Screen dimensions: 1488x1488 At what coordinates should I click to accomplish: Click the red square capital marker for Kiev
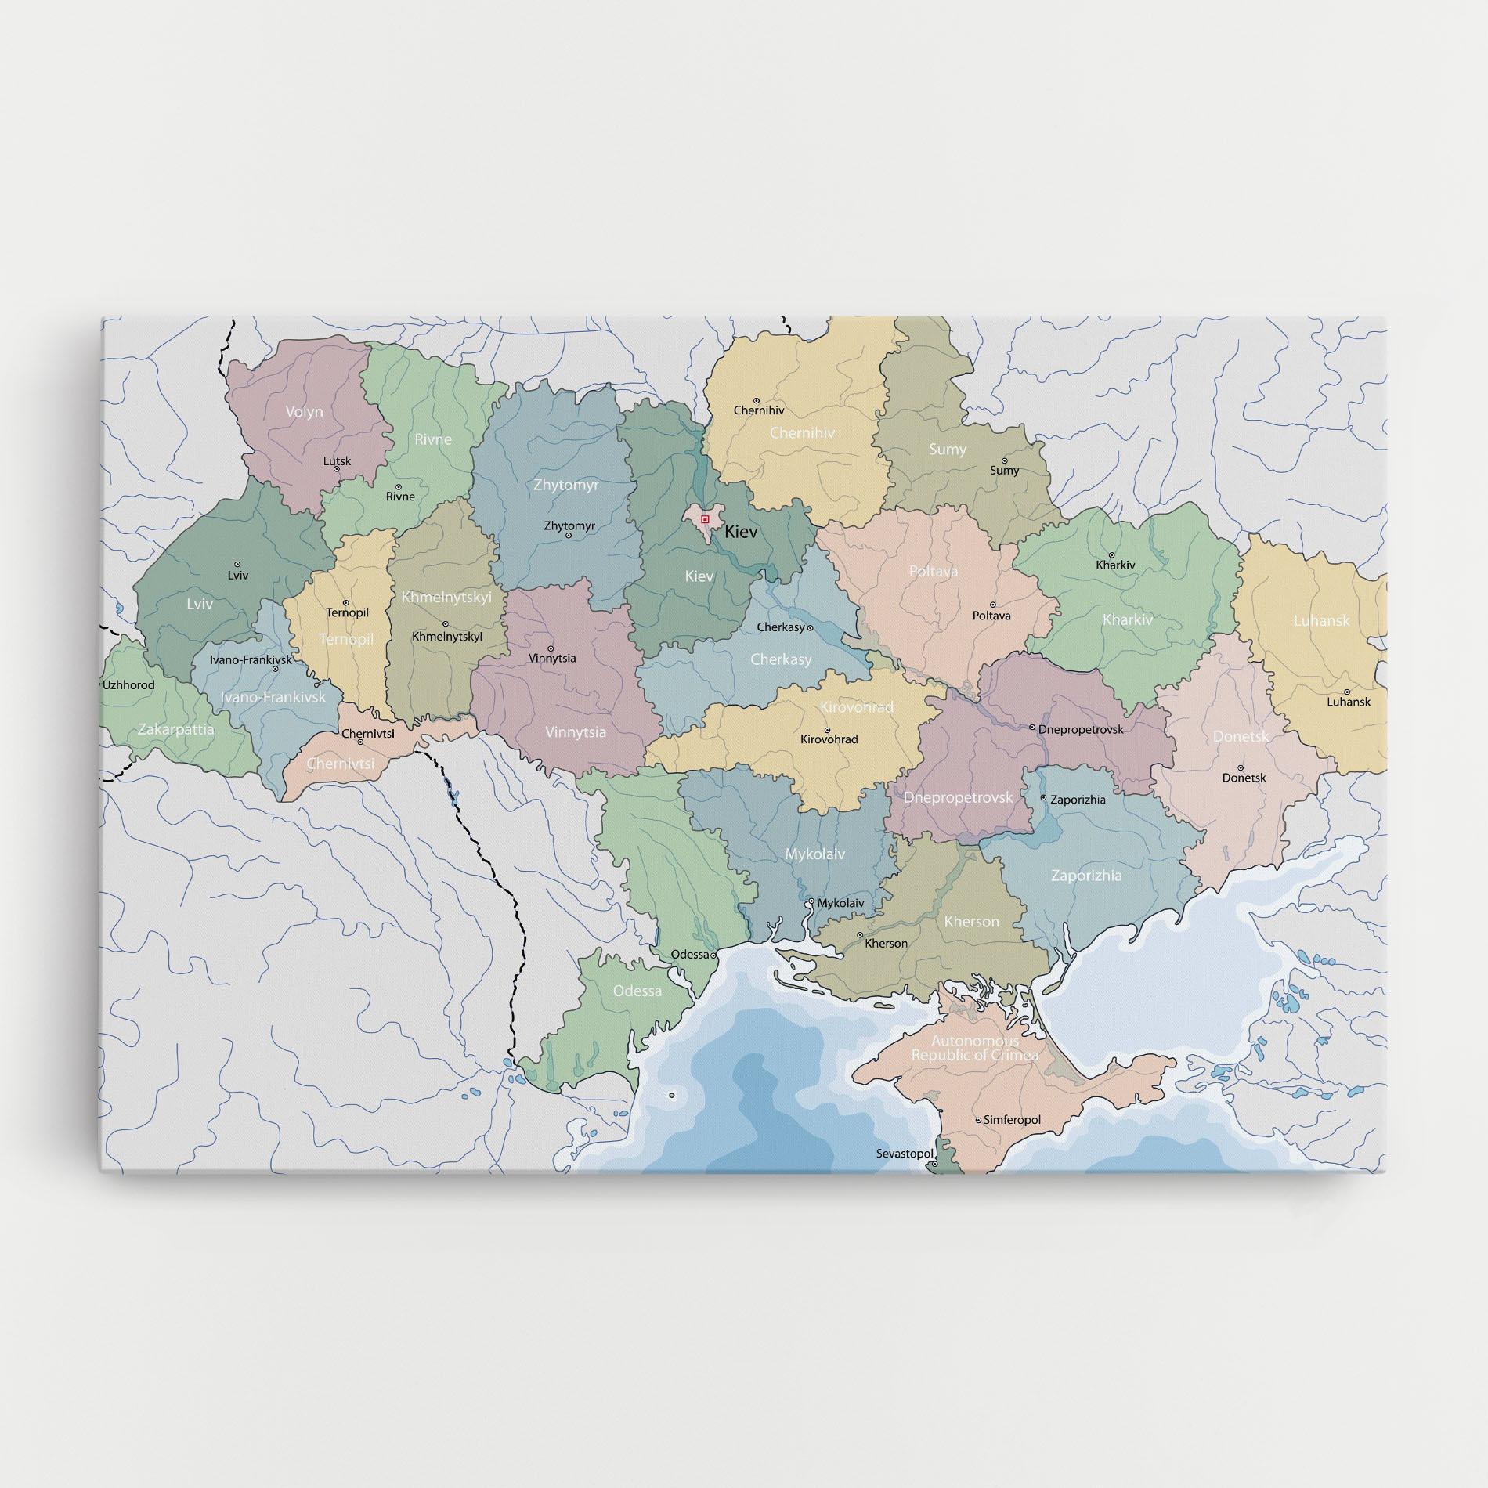[x=705, y=518]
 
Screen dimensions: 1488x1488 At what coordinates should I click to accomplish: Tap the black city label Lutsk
[x=338, y=461]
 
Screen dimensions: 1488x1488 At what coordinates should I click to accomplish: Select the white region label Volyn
[x=304, y=412]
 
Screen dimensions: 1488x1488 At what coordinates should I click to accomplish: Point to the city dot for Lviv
[x=237, y=564]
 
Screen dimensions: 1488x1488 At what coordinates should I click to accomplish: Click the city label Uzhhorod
[x=129, y=685]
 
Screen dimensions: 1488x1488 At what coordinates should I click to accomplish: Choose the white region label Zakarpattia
[x=175, y=729]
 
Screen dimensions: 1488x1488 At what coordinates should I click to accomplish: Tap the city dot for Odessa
[x=713, y=955]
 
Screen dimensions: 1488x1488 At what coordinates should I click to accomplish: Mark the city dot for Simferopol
[x=978, y=1120]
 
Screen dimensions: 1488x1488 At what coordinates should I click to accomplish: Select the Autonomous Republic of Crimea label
[x=975, y=1048]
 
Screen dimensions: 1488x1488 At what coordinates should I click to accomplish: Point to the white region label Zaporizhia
[x=1085, y=876]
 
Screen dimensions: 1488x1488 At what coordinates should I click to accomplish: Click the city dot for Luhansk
[x=1347, y=692]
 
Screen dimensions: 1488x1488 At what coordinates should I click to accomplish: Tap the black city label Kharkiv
[x=1115, y=565]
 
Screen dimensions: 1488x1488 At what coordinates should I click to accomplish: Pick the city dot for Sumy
[x=1004, y=461]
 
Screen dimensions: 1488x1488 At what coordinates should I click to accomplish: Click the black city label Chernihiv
[x=758, y=410]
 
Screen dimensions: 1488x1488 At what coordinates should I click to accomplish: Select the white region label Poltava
[x=934, y=572]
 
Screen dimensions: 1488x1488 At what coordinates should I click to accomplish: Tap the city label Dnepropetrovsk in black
[x=1081, y=729]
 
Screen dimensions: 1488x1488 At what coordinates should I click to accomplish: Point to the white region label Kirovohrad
[x=856, y=707]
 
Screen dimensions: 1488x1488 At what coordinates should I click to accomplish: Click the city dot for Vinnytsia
[x=551, y=648]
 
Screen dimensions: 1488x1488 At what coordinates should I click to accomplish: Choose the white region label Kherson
[x=971, y=922]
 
